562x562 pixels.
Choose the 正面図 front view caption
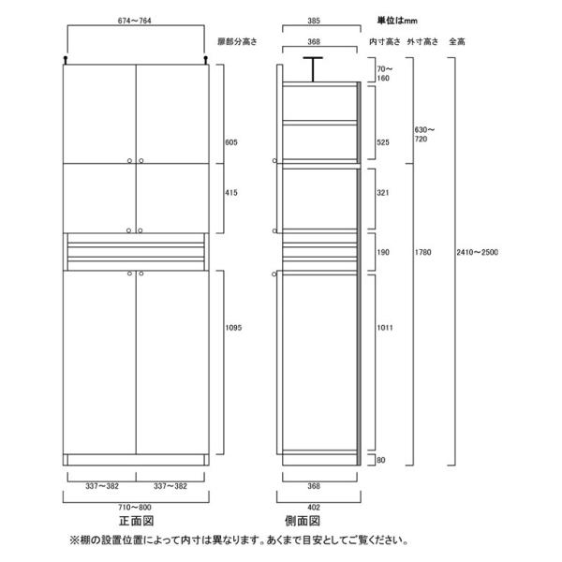coord(136,521)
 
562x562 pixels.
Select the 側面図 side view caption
coord(320,521)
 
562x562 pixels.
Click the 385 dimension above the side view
coord(320,22)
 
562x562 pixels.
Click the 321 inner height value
coord(380,192)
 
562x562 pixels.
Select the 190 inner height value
coord(380,253)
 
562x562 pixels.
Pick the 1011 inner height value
coord(382,328)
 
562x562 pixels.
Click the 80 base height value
coord(377,460)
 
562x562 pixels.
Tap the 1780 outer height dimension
coord(423,251)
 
